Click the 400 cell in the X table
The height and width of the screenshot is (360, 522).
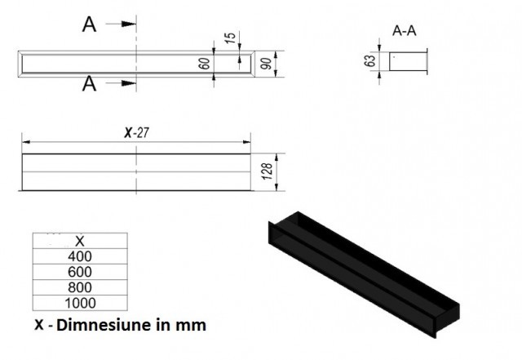(80, 256)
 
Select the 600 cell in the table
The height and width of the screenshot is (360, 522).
(80, 272)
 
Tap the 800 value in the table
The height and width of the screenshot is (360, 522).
(80, 287)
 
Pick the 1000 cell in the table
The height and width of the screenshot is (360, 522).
(80, 303)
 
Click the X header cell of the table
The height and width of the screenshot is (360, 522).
(80, 241)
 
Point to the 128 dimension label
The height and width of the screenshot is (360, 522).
(268, 171)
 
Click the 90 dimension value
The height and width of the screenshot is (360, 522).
(266, 64)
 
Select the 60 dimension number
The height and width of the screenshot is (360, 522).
(205, 64)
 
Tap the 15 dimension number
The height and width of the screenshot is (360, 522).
(230, 38)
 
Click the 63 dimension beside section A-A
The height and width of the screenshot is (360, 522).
(369, 60)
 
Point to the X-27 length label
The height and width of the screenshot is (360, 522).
(136, 133)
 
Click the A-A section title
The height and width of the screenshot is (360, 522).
(405, 31)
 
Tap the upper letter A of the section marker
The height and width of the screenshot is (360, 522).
(89, 24)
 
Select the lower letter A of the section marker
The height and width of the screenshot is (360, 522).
(89, 83)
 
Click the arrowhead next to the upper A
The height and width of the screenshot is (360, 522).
(129, 24)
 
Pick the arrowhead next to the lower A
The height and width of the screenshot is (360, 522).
(129, 83)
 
